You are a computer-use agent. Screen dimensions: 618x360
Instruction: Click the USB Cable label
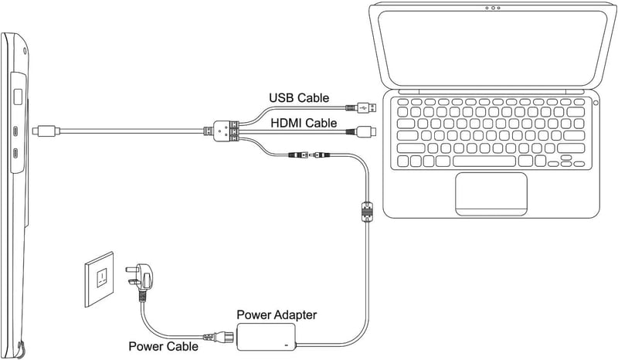coord(299,98)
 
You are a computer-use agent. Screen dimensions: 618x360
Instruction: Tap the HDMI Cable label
coord(304,123)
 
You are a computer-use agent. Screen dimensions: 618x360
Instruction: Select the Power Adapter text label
coord(277,314)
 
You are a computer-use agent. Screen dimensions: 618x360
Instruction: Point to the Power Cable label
coord(163,346)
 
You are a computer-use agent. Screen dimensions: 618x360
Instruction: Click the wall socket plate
coord(100,279)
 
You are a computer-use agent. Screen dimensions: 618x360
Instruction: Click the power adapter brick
coord(266,337)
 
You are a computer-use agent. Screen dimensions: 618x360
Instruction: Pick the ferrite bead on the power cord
coord(367,212)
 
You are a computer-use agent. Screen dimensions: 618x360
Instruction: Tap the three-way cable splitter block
coord(222,131)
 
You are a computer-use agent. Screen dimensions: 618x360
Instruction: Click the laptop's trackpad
coord(491,194)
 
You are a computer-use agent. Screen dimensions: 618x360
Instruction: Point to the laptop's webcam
coord(493,8)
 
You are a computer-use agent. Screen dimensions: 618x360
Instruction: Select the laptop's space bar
coord(484,161)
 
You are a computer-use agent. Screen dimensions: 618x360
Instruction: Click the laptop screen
coord(492,47)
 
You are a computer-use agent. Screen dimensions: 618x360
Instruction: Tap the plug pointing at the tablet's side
coord(46,131)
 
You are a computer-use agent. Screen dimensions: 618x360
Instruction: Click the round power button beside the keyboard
coord(596,103)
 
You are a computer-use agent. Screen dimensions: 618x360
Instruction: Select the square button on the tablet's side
coord(18,97)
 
